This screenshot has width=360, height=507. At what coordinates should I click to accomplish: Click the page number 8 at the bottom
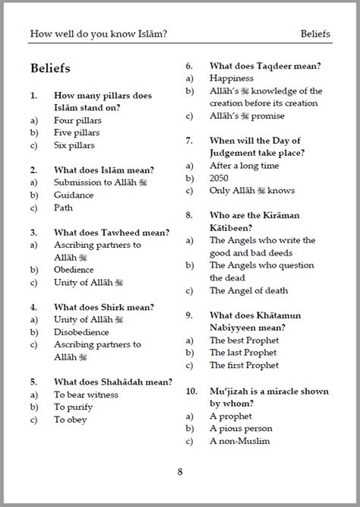point(180,471)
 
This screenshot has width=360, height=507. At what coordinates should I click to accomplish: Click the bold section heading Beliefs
point(51,68)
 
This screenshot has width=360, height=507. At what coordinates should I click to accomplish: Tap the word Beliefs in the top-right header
point(315,33)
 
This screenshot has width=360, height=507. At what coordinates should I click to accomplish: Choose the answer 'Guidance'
point(74,195)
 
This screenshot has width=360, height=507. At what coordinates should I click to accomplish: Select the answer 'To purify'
point(73,407)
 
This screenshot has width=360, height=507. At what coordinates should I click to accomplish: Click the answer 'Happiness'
point(232,78)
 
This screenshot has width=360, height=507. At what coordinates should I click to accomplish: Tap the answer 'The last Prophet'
point(244,353)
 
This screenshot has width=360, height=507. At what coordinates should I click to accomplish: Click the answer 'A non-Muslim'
point(240,440)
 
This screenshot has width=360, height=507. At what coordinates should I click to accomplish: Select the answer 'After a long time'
point(244,166)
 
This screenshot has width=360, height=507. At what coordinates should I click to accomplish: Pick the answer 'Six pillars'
point(75,144)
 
